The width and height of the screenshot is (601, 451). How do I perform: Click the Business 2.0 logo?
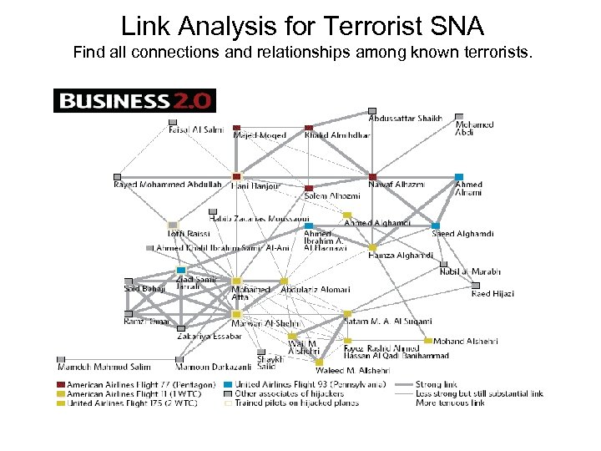[x=134, y=101]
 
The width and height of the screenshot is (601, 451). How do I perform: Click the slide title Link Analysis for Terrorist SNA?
[x=301, y=26]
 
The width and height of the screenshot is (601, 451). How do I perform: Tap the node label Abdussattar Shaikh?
[x=406, y=119]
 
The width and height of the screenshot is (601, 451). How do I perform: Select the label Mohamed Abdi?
[x=474, y=129]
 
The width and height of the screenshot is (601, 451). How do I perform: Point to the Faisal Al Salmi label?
[x=196, y=130]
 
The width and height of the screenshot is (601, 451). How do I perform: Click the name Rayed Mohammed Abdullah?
[x=168, y=184]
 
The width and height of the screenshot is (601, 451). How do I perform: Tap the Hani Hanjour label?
[x=255, y=185]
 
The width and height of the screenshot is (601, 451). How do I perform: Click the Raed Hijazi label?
[x=492, y=293]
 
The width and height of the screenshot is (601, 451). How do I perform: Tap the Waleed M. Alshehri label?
[x=358, y=369]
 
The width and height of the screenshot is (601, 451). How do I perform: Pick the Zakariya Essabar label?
[x=210, y=337]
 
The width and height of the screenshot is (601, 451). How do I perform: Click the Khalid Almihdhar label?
[x=337, y=135]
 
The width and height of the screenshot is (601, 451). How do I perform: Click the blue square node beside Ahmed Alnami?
[x=458, y=177]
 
